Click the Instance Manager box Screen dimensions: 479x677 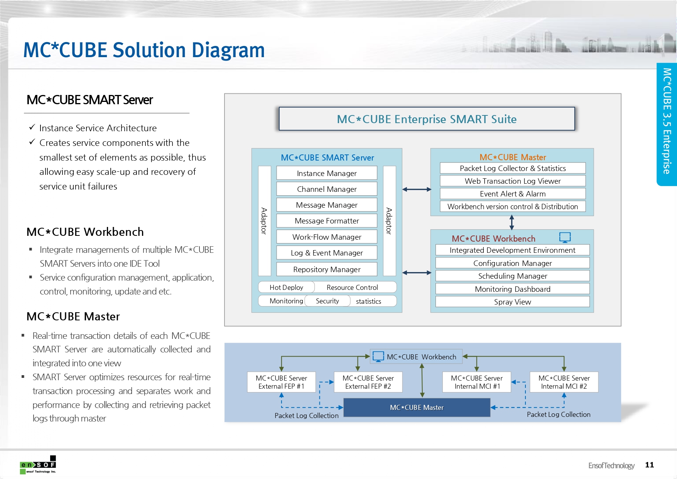pyautogui.click(x=326, y=173)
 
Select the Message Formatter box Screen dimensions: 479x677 pyautogui.click(x=326, y=221)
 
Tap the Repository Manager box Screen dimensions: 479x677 pyautogui.click(x=326, y=269)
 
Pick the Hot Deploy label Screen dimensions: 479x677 pyautogui.click(x=286, y=287)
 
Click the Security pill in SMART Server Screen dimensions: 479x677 pyautogui.click(x=327, y=301)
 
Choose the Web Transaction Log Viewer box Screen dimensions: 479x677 pyautogui.click(x=512, y=181)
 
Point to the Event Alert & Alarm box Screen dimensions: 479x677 pyautogui.click(x=512, y=194)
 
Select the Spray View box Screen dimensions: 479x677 pyautogui.click(x=512, y=302)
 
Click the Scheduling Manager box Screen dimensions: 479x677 pyautogui.click(x=512, y=276)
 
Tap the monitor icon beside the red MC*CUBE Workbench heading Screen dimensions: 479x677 pyautogui.click(x=565, y=237)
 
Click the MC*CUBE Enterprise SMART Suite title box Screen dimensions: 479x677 pyautogui.click(x=427, y=119)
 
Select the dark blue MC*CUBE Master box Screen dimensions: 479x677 pyautogui.click(x=417, y=408)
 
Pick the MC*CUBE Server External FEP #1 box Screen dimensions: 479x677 pyautogui.click(x=281, y=382)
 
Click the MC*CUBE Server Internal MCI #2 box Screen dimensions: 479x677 pyautogui.click(x=564, y=382)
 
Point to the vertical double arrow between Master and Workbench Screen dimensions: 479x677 pyautogui.click(x=512, y=223)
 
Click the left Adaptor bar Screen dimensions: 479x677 pyautogui.click(x=264, y=221)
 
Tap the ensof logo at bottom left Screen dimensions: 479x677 pyautogui.click(x=38, y=465)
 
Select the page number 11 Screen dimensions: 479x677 pyautogui.click(x=649, y=465)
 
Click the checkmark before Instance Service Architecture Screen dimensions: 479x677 pyautogui.click(x=32, y=127)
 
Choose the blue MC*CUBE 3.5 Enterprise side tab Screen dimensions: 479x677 pyautogui.click(x=667, y=124)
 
